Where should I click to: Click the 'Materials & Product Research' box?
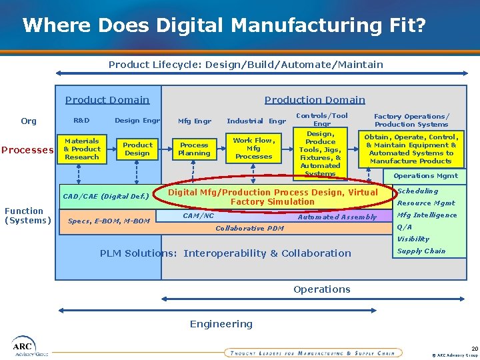(82, 149)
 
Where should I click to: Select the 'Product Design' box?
(137, 149)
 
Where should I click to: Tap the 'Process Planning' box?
(194, 149)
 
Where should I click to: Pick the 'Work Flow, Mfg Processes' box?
(253, 148)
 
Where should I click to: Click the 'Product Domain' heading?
(107, 100)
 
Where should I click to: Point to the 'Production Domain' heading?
(315, 100)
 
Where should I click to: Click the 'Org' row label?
(29, 121)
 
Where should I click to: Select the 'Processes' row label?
(27, 150)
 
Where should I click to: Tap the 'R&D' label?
(81, 121)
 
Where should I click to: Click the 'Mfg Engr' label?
(195, 121)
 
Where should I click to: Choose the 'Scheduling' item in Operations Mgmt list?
(418, 191)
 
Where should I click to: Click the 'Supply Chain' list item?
(421, 251)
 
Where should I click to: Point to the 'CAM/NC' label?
(198, 215)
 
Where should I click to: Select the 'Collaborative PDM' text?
(250, 228)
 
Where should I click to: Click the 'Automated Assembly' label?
(337, 217)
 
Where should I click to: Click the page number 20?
(474, 348)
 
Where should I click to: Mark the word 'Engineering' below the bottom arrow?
(221, 324)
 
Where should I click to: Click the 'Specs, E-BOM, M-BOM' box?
(109, 221)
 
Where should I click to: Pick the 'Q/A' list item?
(405, 227)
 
